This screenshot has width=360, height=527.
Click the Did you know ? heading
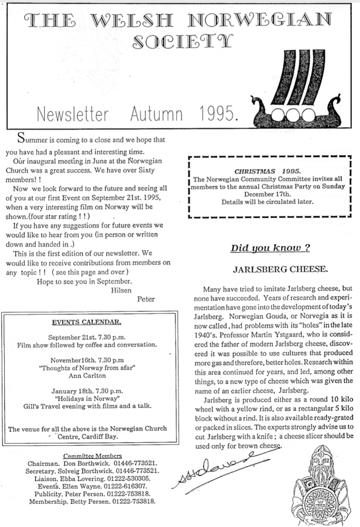tap(270, 248)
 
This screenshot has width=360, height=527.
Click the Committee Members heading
tap(92, 455)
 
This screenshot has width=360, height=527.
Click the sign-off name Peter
tap(146, 298)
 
